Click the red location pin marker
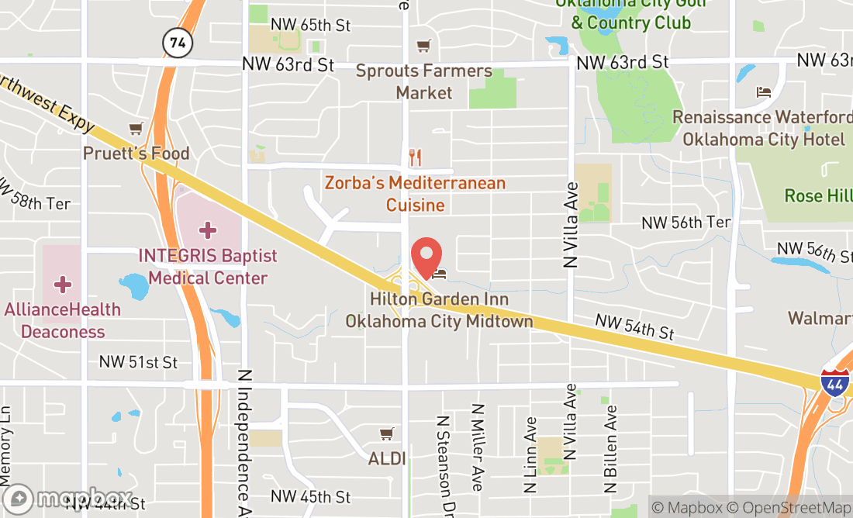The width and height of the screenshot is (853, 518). pyautogui.click(x=426, y=257)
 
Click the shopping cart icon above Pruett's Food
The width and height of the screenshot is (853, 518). pyautogui.click(x=136, y=129)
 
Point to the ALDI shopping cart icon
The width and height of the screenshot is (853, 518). pyautogui.click(x=386, y=433)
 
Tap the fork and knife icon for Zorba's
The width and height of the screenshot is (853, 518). pyautogui.click(x=416, y=158)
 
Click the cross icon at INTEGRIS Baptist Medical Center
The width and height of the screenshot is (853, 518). pyautogui.click(x=208, y=230)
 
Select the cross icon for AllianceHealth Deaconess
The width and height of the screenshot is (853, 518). pyautogui.click(x=63, y=285)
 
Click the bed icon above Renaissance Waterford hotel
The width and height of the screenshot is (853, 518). pyautogui.click(x=764, y=92)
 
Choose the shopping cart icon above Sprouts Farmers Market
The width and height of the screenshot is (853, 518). pyautogui.click(x=423, y=47)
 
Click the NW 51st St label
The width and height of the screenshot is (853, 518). pyautogui.click(x=138, y=362)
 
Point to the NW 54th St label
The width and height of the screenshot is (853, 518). pyautogui.click(x=634, y=326)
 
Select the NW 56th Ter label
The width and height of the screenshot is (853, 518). pyautogui.click(x=686, y=223)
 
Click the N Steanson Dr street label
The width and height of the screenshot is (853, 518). pyautogui.click(x=444, y=453)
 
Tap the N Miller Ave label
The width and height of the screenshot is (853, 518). pyautogui.click(x=478, y=447)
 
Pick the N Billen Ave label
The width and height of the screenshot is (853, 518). pyautogui.click(x=611, y=449)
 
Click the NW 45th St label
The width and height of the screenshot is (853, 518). pyautogui.click(x=311, y=496)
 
